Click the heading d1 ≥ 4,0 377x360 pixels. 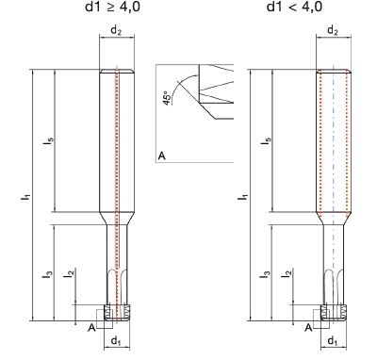112,7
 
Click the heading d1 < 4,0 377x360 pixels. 294,7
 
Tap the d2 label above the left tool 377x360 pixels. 116,30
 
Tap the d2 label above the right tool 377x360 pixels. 333,30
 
